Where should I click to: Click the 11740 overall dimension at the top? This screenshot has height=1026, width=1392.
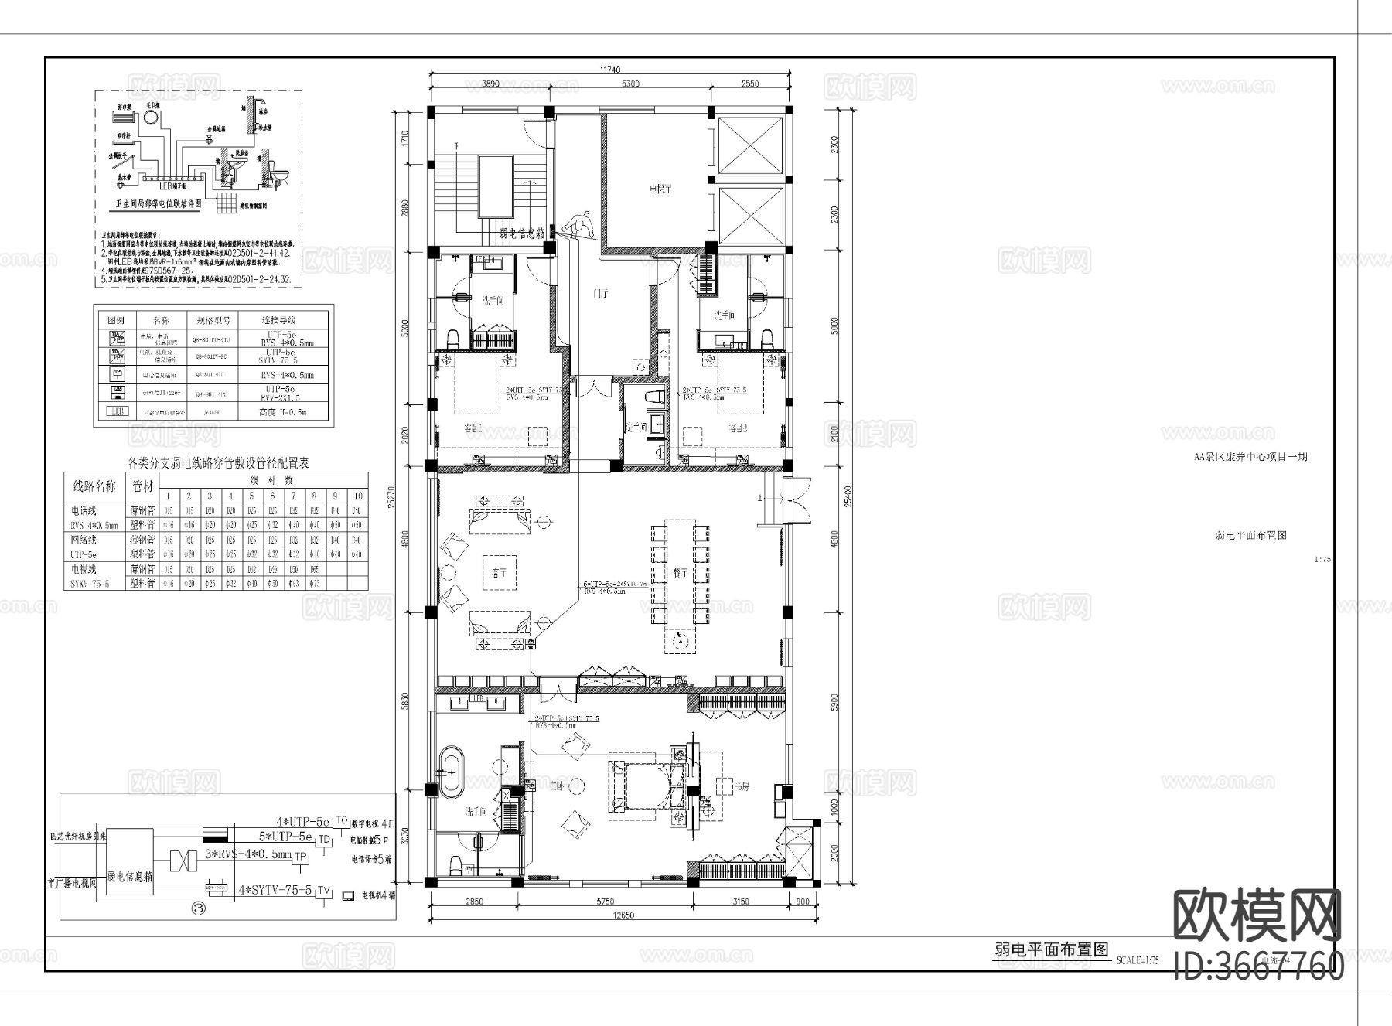610,70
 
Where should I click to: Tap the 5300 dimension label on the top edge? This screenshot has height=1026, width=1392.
630,84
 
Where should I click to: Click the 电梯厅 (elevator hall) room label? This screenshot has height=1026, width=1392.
659,188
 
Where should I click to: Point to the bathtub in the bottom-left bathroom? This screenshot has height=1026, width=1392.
451,772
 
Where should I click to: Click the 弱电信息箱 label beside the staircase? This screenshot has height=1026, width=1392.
522,232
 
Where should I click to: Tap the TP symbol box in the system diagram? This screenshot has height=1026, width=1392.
300,857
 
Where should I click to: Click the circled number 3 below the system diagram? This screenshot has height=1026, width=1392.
198,909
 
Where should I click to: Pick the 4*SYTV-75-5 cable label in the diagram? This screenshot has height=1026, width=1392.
275,891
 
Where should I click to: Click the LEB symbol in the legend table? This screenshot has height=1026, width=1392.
115,413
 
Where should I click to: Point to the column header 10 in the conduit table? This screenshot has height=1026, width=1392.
357,496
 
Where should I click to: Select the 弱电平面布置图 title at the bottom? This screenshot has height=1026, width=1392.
1051,950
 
